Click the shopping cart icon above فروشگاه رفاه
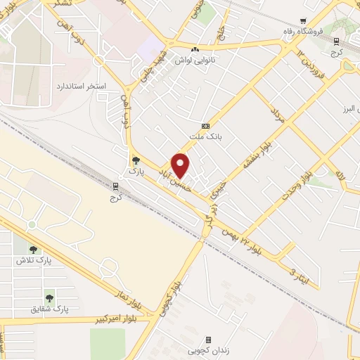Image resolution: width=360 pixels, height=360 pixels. click(x=304, y=21)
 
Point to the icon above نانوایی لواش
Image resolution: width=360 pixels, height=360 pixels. click(x=195, y=49)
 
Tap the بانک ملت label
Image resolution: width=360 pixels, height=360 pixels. click(x=205, y=135)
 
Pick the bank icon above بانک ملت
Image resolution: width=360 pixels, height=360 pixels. click(x=205, y=125)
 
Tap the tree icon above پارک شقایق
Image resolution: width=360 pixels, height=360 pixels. click(x=49, y=298)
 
